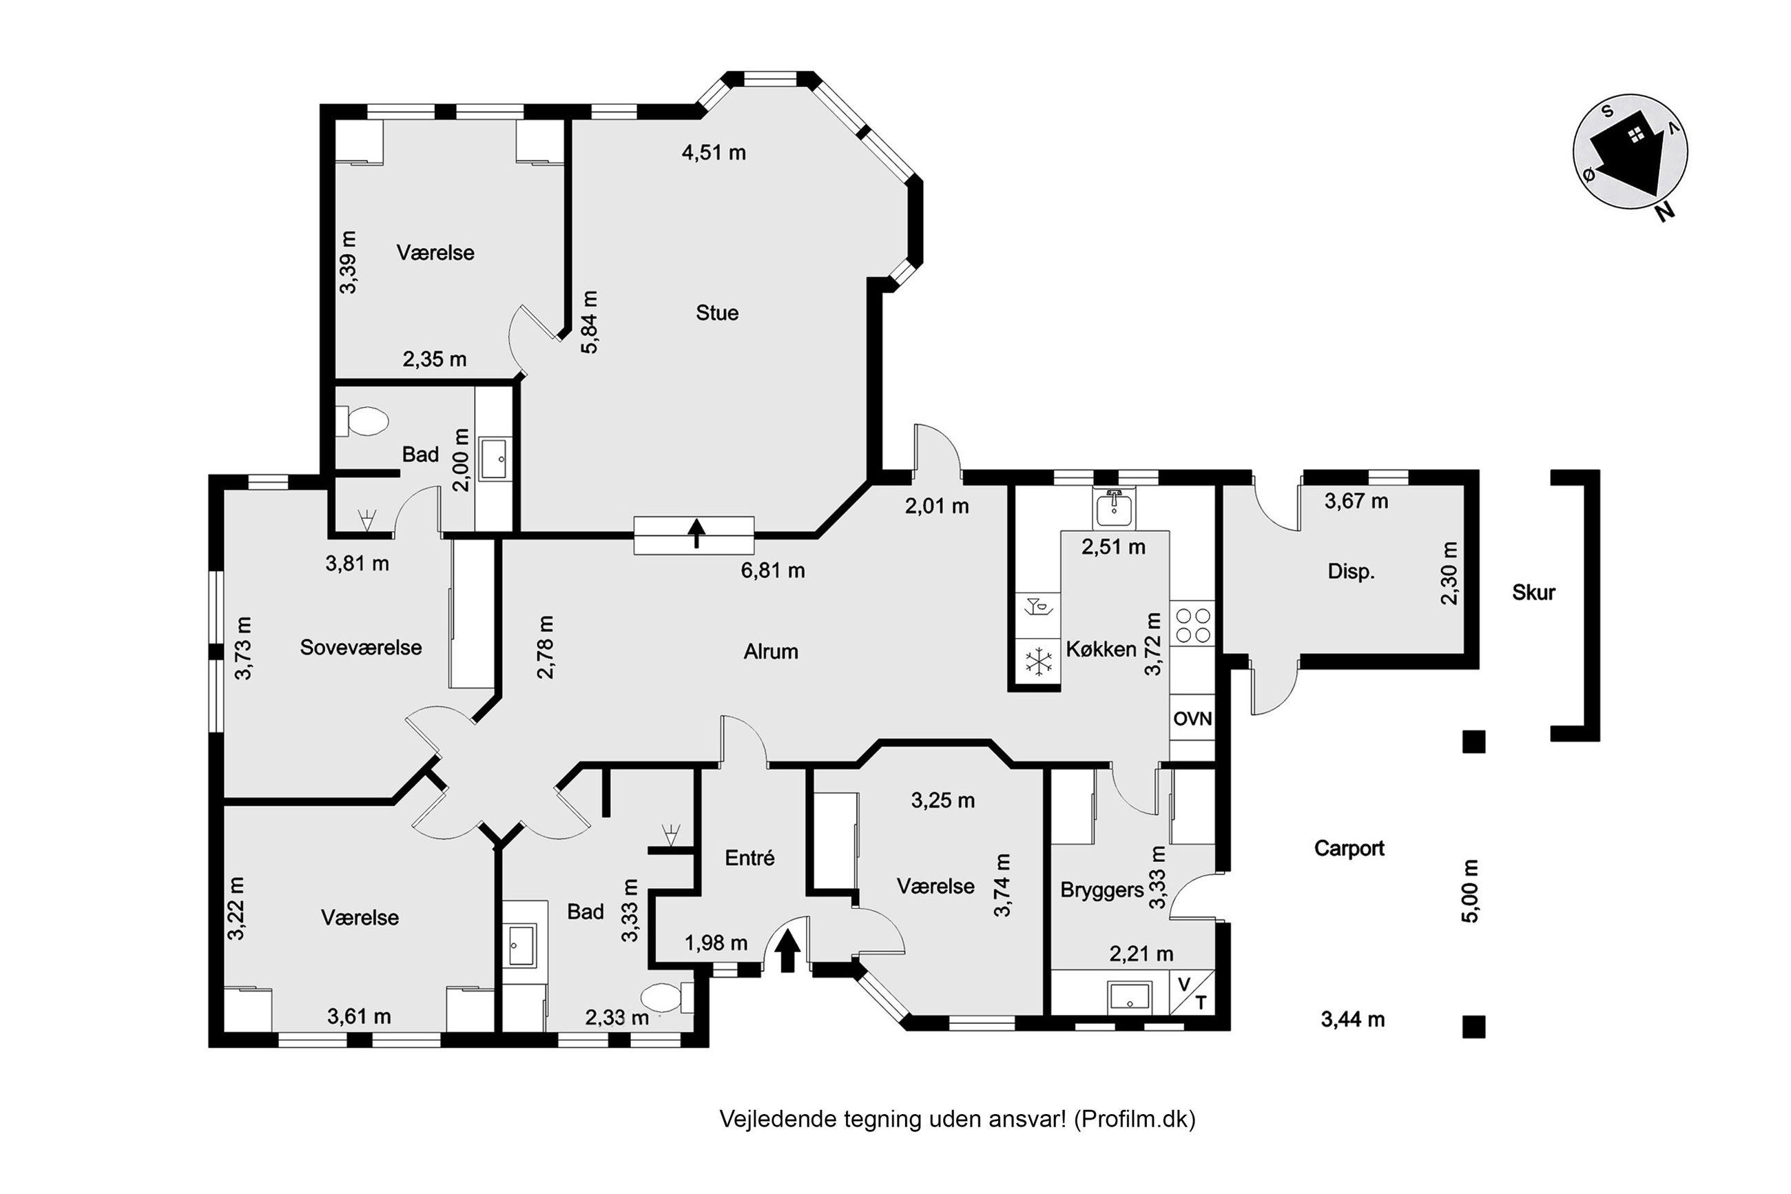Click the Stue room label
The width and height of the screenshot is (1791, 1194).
pos(716,313)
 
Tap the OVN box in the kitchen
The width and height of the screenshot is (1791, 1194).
pos(1192,718)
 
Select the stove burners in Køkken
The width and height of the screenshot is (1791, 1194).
pos(1192,624)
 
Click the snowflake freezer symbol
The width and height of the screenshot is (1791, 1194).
pos(1037,661)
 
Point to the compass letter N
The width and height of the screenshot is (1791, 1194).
pos(1665,211)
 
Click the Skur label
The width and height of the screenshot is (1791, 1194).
pos(1533,593)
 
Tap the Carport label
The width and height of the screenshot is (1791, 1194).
pos(1349,848)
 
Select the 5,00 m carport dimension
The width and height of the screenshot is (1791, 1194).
pos(1470,891)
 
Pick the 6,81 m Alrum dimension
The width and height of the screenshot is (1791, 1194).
pos(773,570)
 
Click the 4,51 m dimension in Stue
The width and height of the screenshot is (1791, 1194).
pos(713,152)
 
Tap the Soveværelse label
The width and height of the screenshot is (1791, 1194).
pos(361,647)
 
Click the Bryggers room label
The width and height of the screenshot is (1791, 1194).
pos(1102,889)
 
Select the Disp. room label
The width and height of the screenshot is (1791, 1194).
pos(1351,571)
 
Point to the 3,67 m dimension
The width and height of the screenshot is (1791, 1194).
pos(1356,501)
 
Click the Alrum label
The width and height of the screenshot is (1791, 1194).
pos(770,652)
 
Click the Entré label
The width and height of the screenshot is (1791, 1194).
pos(749,858)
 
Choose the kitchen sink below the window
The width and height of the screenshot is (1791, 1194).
pos(1114,508)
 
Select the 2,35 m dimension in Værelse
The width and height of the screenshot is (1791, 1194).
pos(434,360)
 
